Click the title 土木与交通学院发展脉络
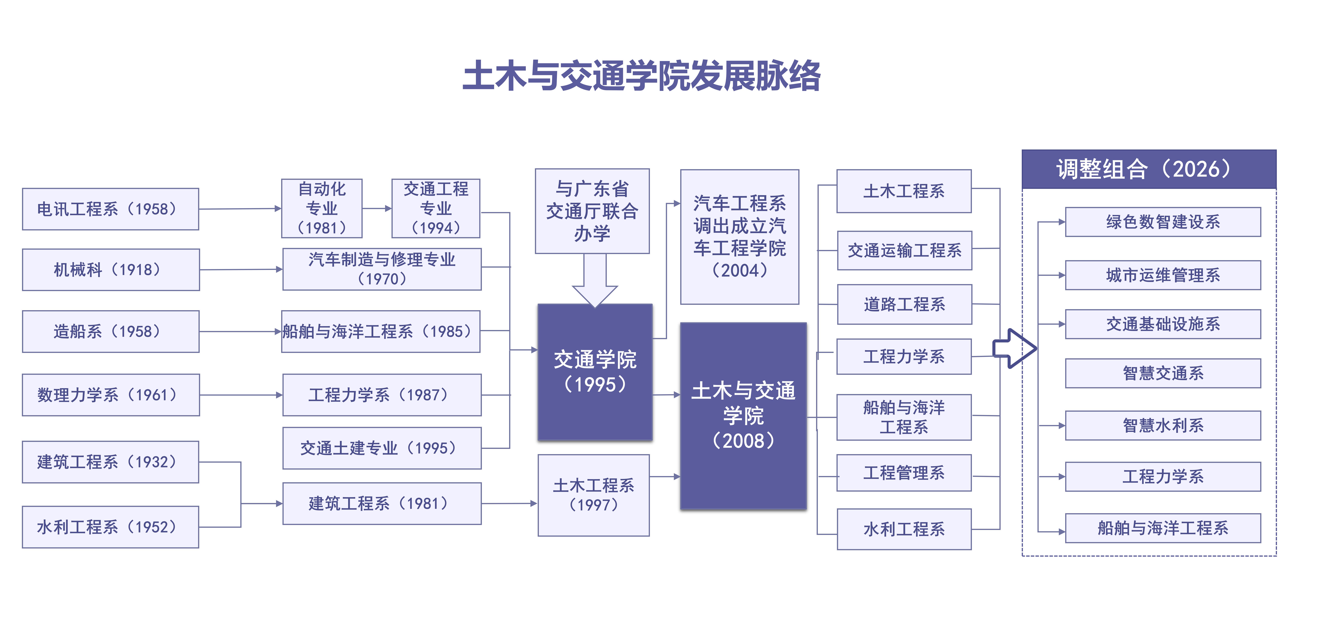641,76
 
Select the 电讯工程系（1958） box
110,209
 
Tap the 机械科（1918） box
111,269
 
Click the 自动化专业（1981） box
322,208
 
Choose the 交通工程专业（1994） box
436,208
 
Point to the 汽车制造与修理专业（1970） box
382,269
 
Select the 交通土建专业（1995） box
382,448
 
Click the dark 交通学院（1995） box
595,372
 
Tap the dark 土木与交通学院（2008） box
743,416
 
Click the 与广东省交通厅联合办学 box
592,211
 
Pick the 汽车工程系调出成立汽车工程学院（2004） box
740,237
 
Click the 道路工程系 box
904,304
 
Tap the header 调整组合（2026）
1149,169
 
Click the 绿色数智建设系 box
1163,222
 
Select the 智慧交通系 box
1163,373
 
